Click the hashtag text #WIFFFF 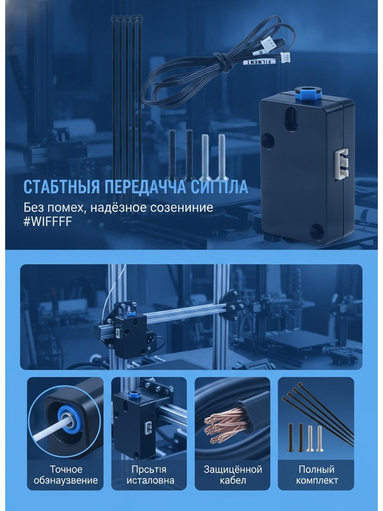click(x=47, y=221)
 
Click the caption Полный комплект click(x=317, y=475)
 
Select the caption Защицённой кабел click(x=233, y=475)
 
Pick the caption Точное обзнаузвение click(x=66, y=475)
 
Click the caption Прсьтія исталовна click(x=150, y=475)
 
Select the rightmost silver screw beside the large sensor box click(x=222, y=156)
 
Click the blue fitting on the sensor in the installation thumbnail click(x=134, y=394)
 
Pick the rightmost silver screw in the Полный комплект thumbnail click(x=319, y=438)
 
